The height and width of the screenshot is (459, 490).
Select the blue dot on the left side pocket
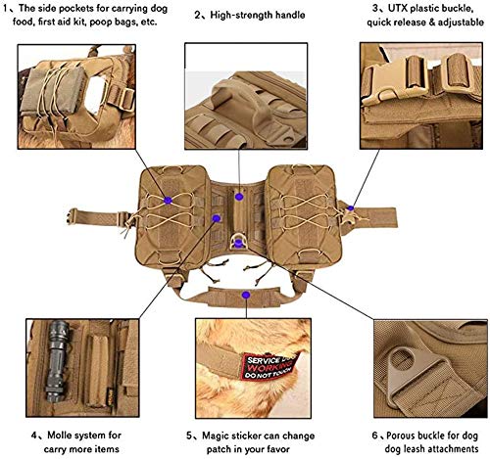(x=168, y=201)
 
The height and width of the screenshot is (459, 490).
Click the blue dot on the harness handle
(x=239, y=197)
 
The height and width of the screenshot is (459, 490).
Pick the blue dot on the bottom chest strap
(x=246, y=296)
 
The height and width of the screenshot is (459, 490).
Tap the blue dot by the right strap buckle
(x=351, y=208)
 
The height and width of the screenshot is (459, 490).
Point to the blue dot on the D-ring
(x=239, y=243)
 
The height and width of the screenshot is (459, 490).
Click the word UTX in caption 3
(x=398, y=8)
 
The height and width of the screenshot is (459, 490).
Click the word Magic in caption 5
(x=216, y=436)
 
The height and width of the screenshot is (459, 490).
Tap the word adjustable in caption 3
(x=461, y=23)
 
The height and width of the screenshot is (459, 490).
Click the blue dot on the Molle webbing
(x=217, y=218)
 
